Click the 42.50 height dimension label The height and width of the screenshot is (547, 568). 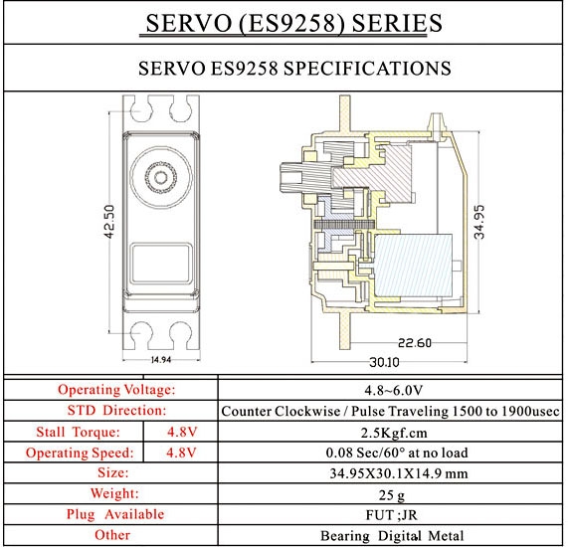click(x=109, y=222)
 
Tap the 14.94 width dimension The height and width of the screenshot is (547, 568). click(x=161, y=360)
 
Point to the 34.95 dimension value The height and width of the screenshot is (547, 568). click(x=478, y=222)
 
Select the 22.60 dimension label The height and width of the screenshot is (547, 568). click(x=415, y=342)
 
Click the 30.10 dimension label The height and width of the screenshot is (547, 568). click(x=384, y=362)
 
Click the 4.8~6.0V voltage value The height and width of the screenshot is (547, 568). click(x=393, y=390)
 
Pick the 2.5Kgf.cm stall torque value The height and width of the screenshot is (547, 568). click(x=394, y=433)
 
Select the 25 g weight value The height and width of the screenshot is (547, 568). click(x=392, y=495)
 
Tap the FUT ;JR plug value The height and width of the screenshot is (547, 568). click(x=391, y=515)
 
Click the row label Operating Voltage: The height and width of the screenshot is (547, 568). click(x=116, y=390)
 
